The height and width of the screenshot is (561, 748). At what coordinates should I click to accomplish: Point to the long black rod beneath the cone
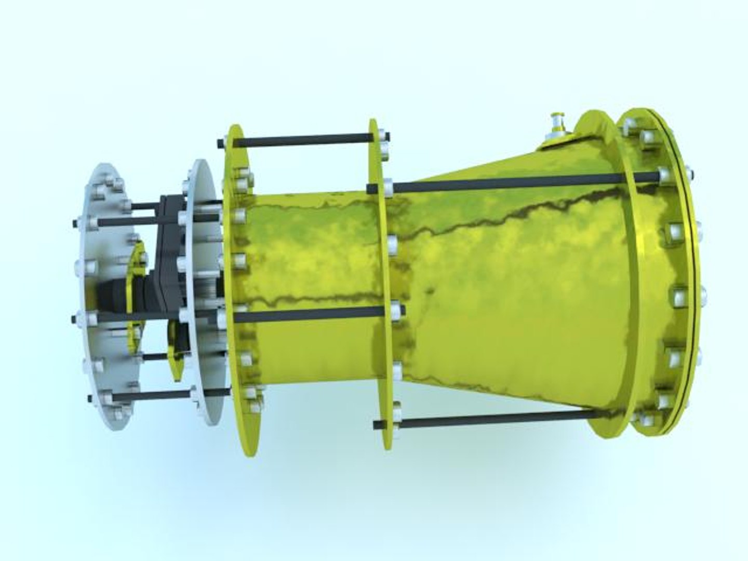(x=488, y=419)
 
